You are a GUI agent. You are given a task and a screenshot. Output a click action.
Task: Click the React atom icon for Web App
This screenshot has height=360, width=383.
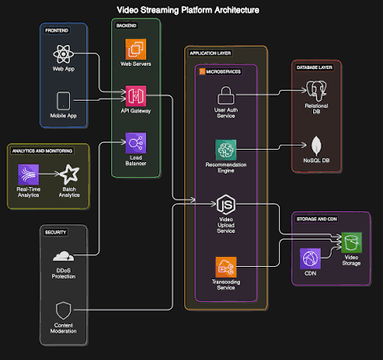(x=63, y=54)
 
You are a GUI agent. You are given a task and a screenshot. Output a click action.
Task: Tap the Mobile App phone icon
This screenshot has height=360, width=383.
(x=63, y=101)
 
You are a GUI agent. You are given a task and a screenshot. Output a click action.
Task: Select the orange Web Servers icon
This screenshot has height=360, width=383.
(x=135, y=49)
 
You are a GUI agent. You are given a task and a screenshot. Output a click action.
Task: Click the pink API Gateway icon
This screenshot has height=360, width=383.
(x=135, y=96)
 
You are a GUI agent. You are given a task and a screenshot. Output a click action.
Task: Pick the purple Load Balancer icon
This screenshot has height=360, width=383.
(x=135, y=143)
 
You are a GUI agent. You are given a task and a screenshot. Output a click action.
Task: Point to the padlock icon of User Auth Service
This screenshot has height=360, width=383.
(x=226, y=96)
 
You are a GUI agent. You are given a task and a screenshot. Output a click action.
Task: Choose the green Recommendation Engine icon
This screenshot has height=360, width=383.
(x=226, y=150)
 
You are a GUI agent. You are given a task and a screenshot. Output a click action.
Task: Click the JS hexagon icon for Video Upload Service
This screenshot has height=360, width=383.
(x=226, y=205)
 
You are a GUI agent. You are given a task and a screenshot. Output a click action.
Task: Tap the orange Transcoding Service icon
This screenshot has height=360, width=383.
(x=226, y=267)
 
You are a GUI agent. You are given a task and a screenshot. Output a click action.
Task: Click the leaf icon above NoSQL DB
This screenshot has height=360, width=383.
(x=317, y=145)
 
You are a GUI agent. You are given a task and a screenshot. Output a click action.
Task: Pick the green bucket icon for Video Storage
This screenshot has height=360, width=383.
(x=351, y=243)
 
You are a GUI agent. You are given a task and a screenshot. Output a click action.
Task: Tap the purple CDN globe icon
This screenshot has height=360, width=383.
(x=310, y=259)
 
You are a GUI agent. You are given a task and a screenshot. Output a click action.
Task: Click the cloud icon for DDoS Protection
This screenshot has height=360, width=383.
(x=63, y=256)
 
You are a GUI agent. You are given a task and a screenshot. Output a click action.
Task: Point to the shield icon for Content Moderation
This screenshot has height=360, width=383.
(x=63, y=310)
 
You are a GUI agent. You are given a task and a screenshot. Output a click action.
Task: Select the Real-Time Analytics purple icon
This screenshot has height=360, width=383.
(x=28, y=175)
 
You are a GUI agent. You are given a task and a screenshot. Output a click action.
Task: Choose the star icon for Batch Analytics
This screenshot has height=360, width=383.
(x=69, y=175)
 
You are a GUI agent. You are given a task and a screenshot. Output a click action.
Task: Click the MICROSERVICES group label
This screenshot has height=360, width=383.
(x=223, y=72)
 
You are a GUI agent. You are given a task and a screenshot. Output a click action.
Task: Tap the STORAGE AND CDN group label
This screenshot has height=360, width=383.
(x=317, y=219)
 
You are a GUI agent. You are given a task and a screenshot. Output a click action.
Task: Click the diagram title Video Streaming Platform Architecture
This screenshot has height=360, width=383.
(x=188, y=10)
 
